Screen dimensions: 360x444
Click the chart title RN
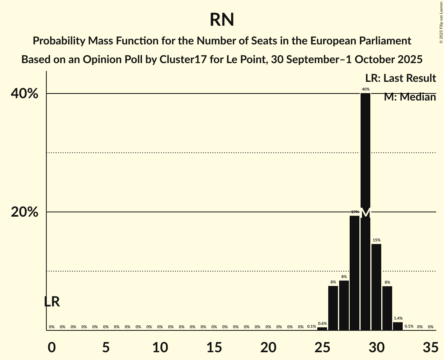[221, 19]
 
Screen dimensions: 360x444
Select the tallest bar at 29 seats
[365, 156]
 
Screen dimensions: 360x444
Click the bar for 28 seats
[354, 273]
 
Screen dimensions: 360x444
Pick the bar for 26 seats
[333, 308]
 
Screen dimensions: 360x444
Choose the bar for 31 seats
[387, 308]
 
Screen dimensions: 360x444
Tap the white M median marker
[365, 213]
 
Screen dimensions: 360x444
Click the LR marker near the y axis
[52, 302]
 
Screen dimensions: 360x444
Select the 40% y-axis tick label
[27, 94]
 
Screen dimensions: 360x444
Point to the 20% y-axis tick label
[27, 212]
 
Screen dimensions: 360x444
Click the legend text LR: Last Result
[400, 78]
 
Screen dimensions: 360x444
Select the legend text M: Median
[410, 97]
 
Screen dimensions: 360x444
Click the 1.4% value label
[398, 318]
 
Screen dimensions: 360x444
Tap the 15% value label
[376, 240]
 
